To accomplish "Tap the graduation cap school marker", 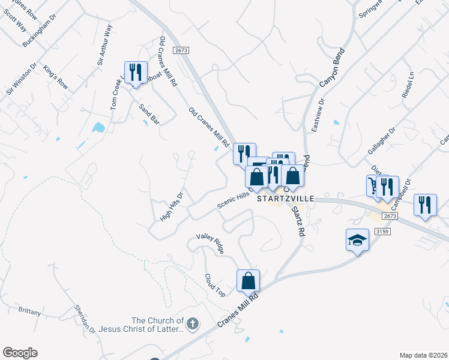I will coord(357,240).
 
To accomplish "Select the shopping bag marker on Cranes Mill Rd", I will coord(248,280).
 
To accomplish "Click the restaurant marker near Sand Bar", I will coord(136,73).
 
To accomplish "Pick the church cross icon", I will coord(193,325).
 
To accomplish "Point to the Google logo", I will coord(20,353).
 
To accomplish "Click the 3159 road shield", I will coord(379,230).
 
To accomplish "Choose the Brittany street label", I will coord(29,311).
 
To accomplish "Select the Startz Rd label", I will coord(298,221).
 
